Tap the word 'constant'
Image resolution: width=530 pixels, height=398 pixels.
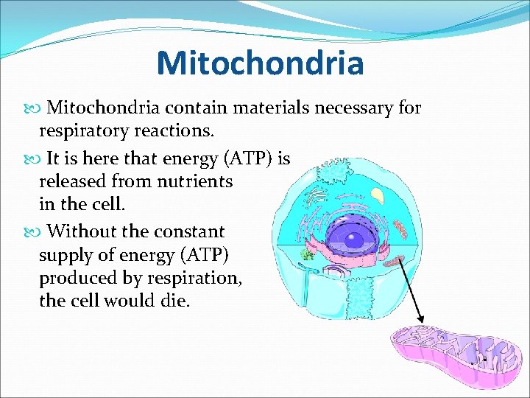[189, 231]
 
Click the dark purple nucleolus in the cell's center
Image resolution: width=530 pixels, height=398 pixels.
[355, 239]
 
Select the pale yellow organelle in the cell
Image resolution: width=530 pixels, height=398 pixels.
[378, 195]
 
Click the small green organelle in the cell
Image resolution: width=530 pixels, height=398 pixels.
[307, 255]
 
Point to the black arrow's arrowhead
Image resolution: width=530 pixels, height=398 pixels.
[422, 319]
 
